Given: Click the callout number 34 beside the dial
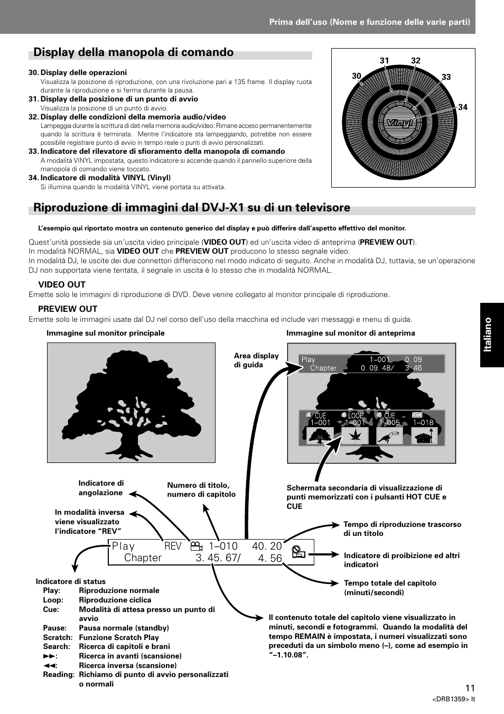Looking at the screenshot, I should click(462, 107).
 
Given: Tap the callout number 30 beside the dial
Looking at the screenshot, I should click(357, 77).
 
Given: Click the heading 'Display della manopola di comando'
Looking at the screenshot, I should click(133, 52).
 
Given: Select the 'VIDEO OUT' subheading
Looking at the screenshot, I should click(62, 284).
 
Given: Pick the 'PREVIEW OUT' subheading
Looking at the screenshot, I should click(68, 309).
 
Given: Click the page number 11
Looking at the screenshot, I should click(470, 688).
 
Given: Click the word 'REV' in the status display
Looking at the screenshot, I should click(173, 546).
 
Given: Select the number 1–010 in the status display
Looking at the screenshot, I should click(223, 546).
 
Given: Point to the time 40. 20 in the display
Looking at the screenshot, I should click(267, 546).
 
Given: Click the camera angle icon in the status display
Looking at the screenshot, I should click(197, 546).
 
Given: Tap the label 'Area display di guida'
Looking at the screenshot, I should click(256, 360).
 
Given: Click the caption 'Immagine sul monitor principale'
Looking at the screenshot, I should click(106, 333).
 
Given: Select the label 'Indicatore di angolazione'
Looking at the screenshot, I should click(101, 488).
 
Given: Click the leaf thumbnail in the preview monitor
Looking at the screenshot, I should click(354, 435).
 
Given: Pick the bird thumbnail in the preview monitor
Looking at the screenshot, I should click(389, 435).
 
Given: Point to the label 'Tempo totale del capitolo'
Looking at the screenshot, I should click(390, 588).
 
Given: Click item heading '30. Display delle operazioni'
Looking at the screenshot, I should click(78, 73).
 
